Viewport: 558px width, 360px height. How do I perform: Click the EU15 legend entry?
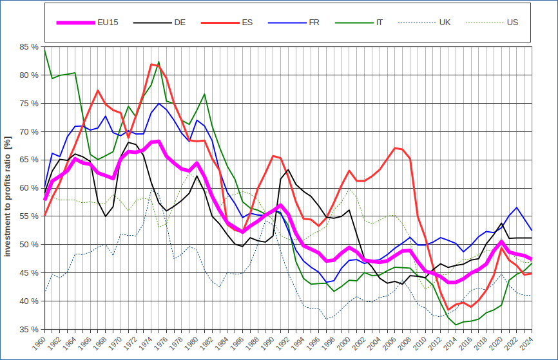tap(108, 23)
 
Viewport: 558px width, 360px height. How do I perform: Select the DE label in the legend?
tap(180, 23)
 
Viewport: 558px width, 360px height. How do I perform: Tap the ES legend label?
tap(247, 23)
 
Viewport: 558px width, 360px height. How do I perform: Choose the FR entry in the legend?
tap(314, 23)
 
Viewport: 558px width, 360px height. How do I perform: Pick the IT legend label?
tap(380, 23)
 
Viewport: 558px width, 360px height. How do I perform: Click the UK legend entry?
tap(445, 23)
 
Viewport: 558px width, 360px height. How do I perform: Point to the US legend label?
tap(513, 23)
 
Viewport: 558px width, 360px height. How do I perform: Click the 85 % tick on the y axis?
tap(29, 47)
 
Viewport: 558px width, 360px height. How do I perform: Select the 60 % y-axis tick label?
tap(29, 188)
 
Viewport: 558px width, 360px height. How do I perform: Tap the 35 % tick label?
tap(29, 329)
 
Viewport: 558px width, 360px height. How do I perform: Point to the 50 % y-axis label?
tap(29, 245)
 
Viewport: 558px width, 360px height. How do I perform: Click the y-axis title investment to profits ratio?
tap(8, 196)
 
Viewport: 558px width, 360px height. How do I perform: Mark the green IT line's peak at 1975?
tap(159, 62)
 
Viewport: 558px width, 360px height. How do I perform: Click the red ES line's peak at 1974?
tap(151, 64)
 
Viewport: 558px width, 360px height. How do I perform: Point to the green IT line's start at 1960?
tap(44, 49)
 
